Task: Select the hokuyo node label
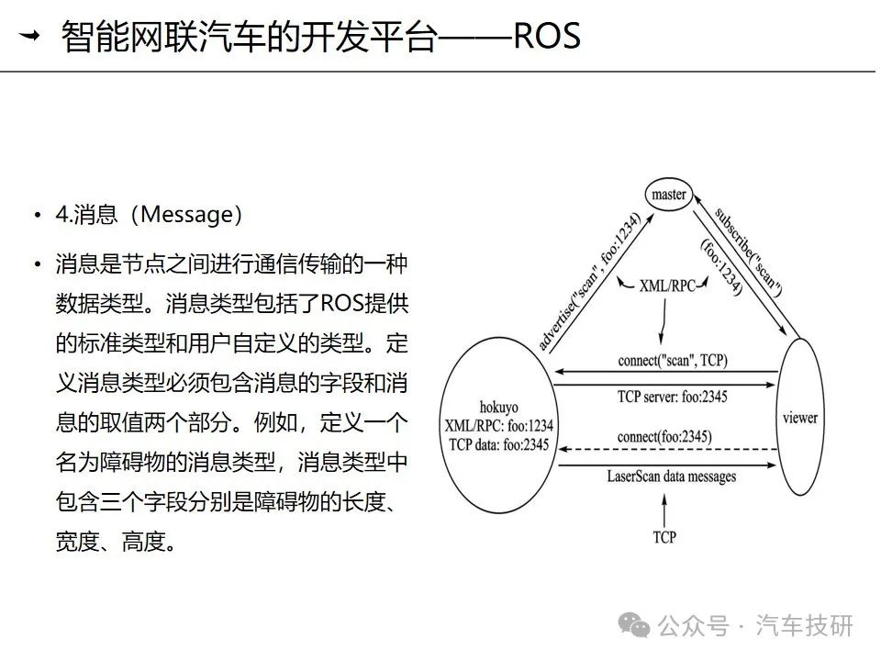(x=498, y=407)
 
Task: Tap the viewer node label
(x=799, y=418)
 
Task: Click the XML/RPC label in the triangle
(x=667, y=286)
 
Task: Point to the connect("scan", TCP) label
(x=673, y=360)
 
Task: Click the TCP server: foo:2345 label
(x=672, y=397)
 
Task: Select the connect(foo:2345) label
(x=664, y=437)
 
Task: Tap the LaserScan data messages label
(x=672, y=476)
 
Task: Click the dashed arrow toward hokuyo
(x=668, y=449)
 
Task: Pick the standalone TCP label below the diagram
(x=664, y=537)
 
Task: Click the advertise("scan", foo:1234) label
(x=589, y=281)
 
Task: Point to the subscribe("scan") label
(x=748, y=252)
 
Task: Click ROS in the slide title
(x=547, y=36)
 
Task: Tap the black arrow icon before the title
(x=29, y=36)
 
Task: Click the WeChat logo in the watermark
(x=634, y=624)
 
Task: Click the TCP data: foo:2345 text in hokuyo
(x=498, y=444)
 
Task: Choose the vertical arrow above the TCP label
(x=664, y=510)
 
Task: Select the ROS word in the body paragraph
(x=342, y=304)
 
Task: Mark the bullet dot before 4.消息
(x=38, y=215)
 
